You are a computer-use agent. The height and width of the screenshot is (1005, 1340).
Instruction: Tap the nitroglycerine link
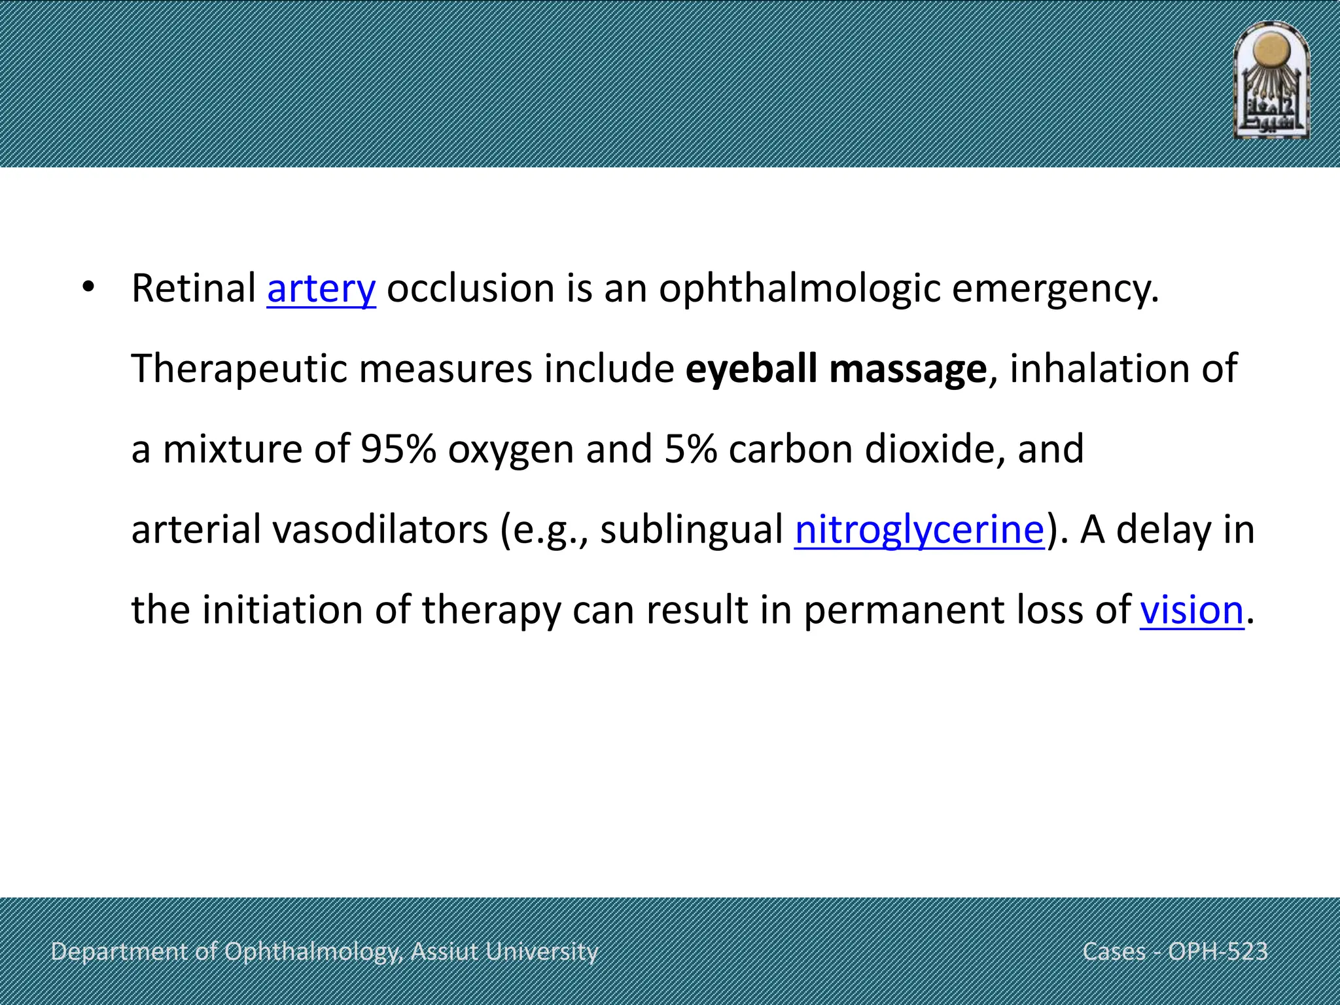click(919, 529)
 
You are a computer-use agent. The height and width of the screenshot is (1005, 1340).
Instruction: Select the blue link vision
click(1191, 610)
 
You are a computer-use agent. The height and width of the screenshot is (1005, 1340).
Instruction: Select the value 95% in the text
click(398, 449)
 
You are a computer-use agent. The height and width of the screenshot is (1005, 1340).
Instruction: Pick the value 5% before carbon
click(690, 449)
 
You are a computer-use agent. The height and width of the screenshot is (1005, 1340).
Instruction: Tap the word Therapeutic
click(239, 369)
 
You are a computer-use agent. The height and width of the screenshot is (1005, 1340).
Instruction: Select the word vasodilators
click(380, 529)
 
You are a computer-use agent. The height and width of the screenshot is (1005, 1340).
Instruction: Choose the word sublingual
click(692, 529)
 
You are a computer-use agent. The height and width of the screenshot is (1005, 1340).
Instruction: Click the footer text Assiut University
click(504, 951)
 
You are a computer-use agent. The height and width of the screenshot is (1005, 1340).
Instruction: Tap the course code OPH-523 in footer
click(1218, 951)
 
